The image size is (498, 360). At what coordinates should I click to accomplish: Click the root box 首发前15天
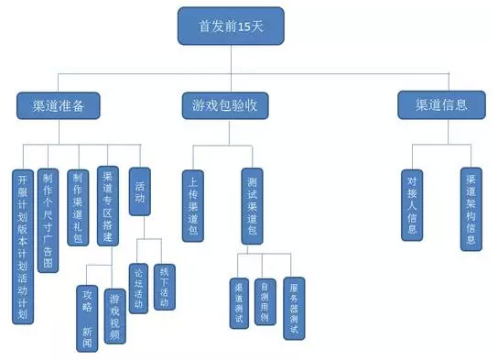click(x=231, y=27)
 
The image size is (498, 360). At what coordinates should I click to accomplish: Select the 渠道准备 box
click(x=58, y=105)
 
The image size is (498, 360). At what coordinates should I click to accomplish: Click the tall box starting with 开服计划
click(x=24, y=245)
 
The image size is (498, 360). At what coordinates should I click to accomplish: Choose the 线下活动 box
click(x=166, y=288)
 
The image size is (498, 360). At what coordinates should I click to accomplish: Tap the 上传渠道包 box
click(x=194, y=203)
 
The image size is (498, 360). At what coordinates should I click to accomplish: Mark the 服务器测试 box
click(x=293, y=309)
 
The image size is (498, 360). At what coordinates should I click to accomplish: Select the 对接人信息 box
click(x=412, y=203)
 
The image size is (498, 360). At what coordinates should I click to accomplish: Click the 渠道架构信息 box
click(x=471, y=209)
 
